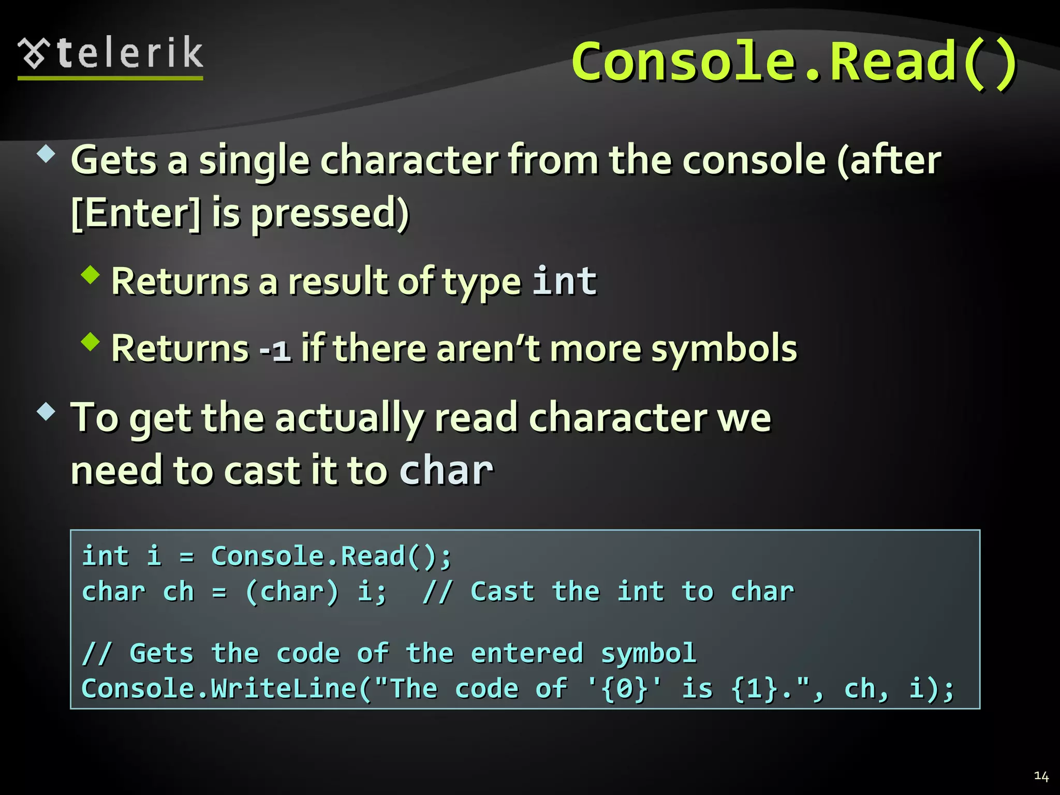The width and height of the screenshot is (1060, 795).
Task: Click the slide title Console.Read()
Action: (x=794, y=62)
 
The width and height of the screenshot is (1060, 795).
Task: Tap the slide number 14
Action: (x=1041, y=776)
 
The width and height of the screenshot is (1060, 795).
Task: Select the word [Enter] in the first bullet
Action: (x=136, y=214)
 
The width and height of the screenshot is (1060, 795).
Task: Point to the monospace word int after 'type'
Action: (x=565, y=281)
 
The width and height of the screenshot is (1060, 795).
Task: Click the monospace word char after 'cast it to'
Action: (x=446, y=470)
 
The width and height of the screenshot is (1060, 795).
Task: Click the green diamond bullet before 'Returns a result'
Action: (x=90, y=275)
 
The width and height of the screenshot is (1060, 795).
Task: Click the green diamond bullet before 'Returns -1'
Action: (x=90, y=342)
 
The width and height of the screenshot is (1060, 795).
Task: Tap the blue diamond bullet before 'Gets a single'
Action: (x=46, y=154)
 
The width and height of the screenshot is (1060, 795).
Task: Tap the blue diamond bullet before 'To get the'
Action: (x=46, y=411)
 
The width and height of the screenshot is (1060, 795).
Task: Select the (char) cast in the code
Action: (x=292, y=592)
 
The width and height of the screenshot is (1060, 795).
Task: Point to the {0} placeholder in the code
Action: (x=625, y=689)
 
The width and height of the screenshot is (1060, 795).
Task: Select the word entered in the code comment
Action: (x=527, y=653)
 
